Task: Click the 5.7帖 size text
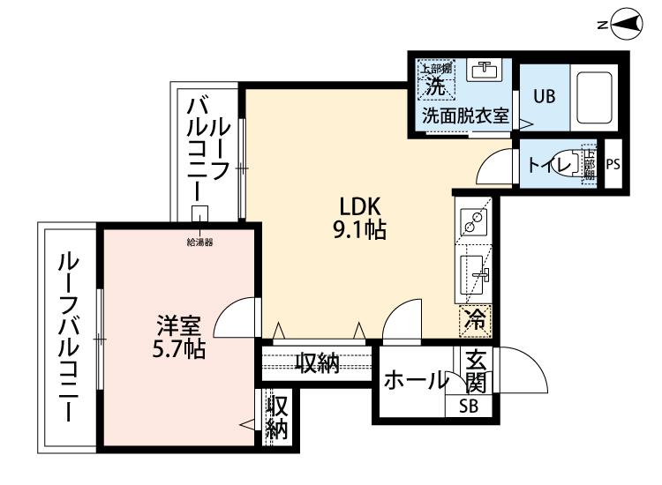click(x=177, y=349)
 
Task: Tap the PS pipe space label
click(x=613, y=164)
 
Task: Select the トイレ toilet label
click(x=547, y=164)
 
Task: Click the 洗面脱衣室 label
click(x=465, y=116)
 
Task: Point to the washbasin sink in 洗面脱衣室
click(x=484, y=71)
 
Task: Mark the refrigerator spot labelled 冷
click(x=476, y=320)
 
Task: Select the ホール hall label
click(x=415, y=381)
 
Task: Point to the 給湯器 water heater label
click(x=200, y=241)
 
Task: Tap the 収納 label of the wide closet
click(x=317, y=362)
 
